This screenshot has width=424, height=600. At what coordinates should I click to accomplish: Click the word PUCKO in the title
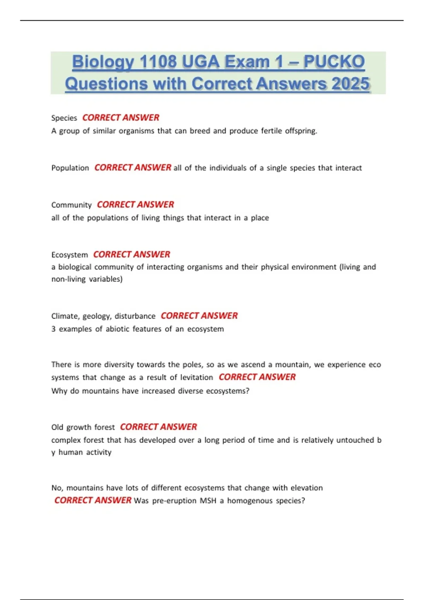(x=334, y=62)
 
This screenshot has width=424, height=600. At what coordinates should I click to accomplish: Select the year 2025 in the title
(x=351, y=84)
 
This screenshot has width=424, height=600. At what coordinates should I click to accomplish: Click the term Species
(x=64, y=118)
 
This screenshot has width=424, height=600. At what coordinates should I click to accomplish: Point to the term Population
(x=70, y=168)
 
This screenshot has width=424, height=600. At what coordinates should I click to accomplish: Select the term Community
(x=71, y=205)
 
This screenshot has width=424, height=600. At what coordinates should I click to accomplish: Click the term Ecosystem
(x=70, y=255)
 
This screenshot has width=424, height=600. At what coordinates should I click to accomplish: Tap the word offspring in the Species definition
(x=301, y=131)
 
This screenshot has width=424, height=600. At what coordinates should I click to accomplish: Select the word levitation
(x=196, y=377)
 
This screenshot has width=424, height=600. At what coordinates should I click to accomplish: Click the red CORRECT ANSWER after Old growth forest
(x=158, y=427)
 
